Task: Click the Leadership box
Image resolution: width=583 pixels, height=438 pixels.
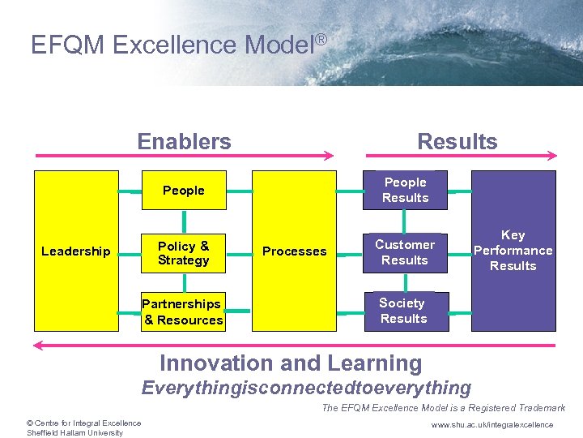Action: coord(75,251)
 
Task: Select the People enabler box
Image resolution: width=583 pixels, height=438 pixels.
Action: coord(184,191)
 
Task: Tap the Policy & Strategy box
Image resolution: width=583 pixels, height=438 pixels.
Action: coord(184,252)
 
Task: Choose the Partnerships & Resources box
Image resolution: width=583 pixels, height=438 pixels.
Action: coord(183,312)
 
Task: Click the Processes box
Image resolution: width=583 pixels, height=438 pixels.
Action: coord(294,251)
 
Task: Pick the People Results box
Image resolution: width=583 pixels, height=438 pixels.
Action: coord(405,191)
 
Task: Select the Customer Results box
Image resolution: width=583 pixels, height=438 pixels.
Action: coord(405,252)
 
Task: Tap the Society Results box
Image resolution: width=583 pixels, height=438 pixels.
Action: coord(403,311)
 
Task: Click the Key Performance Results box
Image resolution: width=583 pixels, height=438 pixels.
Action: coord(513,251)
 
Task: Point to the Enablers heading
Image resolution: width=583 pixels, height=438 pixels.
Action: coord(184,142)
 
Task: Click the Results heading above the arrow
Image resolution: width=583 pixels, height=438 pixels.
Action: coord(457,142)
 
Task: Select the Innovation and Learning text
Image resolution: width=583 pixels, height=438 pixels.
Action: coord(291,364)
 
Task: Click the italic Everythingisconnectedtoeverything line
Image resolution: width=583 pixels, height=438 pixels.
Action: coord(306,388)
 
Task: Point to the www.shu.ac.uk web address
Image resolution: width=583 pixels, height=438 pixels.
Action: coord(492,425)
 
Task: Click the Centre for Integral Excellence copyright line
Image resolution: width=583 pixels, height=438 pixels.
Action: coord(83,423)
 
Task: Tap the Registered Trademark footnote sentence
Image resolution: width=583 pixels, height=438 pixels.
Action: coord(443,408)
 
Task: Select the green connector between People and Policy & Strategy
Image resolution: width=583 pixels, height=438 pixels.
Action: coord(185,220)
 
